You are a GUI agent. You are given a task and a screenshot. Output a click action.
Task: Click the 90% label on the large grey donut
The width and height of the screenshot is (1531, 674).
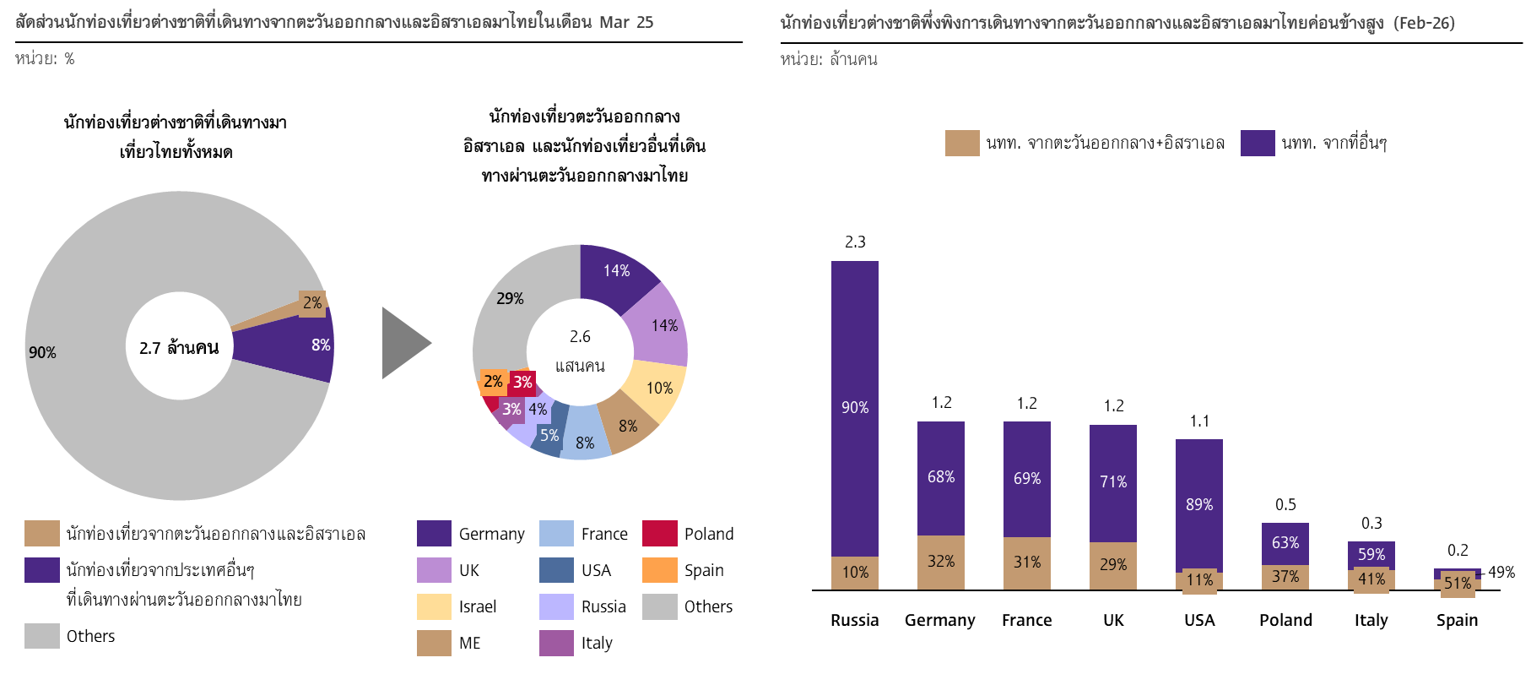pos(42,352)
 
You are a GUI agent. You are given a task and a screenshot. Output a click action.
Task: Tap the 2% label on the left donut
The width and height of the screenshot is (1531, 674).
pos(312,302)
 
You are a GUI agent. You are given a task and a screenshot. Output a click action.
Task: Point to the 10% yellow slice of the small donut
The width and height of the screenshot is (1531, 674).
pos(659,388)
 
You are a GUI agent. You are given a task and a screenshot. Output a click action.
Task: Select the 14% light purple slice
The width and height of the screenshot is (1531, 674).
pos(663,325)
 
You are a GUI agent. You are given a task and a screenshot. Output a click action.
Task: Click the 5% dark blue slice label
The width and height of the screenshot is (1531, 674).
pos(549,435)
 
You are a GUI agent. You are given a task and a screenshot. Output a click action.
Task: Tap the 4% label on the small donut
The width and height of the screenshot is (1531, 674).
pos(538,410)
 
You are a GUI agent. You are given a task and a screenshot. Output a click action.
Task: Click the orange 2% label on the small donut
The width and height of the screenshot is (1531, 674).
pos(493,382)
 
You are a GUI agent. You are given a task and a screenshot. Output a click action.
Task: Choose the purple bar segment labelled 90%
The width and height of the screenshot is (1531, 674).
pos(855,407)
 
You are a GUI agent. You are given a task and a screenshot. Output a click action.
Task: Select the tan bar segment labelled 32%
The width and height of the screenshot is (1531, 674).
pos(941,562)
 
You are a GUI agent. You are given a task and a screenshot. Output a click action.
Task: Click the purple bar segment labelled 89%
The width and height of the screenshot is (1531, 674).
pos(1199,504)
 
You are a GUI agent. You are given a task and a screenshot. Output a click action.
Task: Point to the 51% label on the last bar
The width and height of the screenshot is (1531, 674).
pos(1458,584)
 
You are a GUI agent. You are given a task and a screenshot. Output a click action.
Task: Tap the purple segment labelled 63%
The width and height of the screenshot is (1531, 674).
pos(1285,542)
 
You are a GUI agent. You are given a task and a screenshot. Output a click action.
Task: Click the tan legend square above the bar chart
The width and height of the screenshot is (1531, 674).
pos(962,143)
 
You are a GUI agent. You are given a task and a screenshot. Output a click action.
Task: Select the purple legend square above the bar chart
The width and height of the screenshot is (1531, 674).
pos(1258,143)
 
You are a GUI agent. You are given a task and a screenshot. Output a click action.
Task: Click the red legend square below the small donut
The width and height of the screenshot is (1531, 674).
pos(659,533)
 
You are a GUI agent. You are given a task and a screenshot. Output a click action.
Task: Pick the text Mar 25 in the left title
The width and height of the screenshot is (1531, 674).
pos(626,22)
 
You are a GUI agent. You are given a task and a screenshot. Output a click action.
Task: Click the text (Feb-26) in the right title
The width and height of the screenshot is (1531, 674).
pos(1425,23)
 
